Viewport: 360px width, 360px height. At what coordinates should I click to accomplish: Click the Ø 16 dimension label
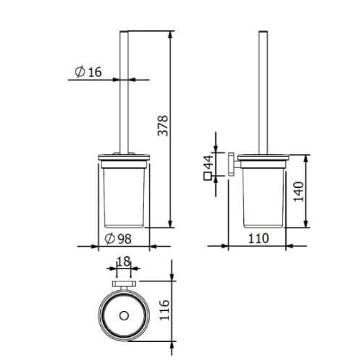(88, 72)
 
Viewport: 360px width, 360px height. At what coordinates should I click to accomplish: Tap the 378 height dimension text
(163, 126)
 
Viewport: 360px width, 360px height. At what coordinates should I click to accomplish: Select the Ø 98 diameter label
(118, 238)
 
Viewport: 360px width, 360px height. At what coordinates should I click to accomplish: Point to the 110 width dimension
(258, 238)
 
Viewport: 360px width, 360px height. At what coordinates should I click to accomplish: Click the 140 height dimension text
(299, 192)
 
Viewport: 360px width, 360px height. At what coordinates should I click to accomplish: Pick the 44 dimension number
(208, 162)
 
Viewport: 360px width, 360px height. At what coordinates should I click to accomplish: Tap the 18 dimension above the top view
(123, 261)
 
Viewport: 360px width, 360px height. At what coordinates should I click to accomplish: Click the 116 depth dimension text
(165, 310)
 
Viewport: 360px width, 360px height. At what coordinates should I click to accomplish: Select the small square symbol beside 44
(207, 176)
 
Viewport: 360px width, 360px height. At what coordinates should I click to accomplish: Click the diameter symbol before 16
(80, 72)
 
